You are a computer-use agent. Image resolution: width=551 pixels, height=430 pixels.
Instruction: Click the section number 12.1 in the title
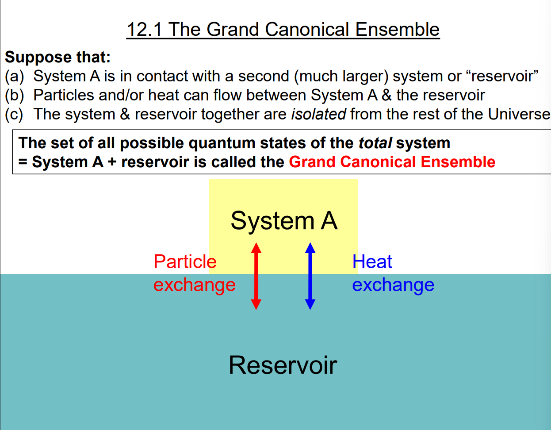click(x=145, y=30)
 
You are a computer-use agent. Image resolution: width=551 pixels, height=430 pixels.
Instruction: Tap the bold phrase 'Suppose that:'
click(x=57, y=57)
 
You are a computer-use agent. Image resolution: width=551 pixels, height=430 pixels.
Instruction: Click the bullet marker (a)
click(x=14, y=76)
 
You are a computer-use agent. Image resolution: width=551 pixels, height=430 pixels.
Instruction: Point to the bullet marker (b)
click(x=14, y=95)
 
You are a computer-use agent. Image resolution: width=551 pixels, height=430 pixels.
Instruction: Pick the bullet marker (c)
click(x=14, y=114)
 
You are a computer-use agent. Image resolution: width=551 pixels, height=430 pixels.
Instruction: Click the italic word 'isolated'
click(x=318, y=114)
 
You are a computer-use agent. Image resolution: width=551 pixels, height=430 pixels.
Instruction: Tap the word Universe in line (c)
click(x=519, y=114)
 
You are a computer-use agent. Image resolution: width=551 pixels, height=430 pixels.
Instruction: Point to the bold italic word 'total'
click(x=375, y=143)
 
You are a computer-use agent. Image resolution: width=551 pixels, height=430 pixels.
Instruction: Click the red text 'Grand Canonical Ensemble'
click(x=392, y=162)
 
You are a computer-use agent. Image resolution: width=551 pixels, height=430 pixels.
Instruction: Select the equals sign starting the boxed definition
click(x=23, y=162)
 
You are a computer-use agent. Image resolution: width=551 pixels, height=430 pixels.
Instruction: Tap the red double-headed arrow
click(x=256, y=276)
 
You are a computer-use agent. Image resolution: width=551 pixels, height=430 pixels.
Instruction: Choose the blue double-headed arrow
click(x=310, y=276)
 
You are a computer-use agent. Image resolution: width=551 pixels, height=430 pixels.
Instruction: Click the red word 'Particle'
click(x=185, y=262)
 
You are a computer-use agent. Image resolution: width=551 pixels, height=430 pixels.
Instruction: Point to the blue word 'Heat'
click(x=372, y=262)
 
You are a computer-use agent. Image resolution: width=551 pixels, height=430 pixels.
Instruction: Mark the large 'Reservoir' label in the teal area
click(x=283, y=365)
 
